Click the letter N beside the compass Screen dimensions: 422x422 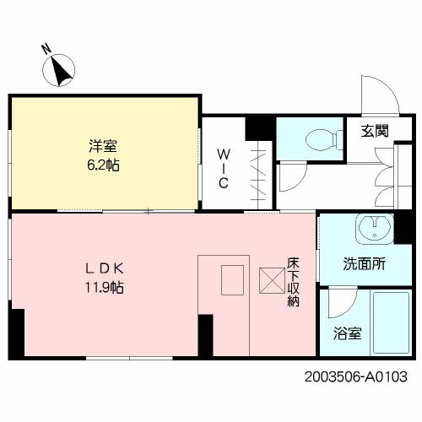click(46, 49)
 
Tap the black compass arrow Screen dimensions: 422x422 click(62, 71)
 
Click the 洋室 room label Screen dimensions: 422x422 click(103, 146)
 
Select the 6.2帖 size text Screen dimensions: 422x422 click(103, 165)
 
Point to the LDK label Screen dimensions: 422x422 click(105, 268)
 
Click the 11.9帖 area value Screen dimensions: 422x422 click(105, 288)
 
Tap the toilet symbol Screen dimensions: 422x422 click(324, 139)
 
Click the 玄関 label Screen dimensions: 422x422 click(375, 131)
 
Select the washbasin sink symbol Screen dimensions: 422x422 click(375, 229)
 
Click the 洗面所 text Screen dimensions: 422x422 click(365, 264)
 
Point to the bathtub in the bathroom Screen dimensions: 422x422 click(392, 322)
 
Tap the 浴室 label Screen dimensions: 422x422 click(348, 333)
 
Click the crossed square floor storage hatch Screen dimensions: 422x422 click(272, 280)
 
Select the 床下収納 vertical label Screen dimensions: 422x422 click(293, 282)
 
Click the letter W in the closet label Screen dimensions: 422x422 click(224, 154)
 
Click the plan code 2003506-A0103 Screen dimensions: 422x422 click(356, 376)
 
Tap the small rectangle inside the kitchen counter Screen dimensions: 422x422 click(232, 280)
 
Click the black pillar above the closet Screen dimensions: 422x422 click(260, 128)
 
